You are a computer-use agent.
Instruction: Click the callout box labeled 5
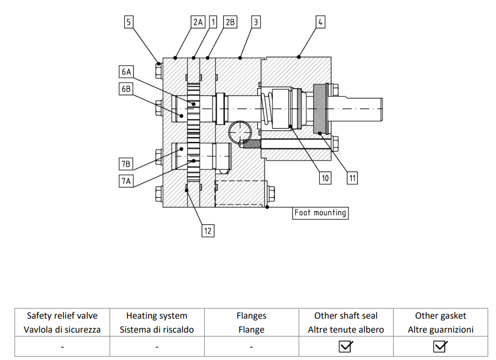point(129,22)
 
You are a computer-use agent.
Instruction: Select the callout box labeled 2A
point(198,22)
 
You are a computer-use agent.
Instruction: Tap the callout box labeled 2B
point(230,22)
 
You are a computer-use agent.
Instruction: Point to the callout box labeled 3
point(256,22)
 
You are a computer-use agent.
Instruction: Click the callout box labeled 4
point(320,22)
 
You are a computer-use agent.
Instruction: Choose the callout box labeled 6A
point(126,72)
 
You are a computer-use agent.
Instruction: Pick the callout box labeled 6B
point(126,88)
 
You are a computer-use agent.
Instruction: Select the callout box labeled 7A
point(126,181)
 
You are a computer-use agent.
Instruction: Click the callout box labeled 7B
point(126,164)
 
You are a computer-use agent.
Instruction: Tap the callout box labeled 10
point(325,178)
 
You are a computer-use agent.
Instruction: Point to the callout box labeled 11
point(352,178)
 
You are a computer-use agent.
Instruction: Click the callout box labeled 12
point(208,231)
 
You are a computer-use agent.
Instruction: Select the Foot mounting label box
point(320,212)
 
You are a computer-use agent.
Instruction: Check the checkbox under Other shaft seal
point(346,347)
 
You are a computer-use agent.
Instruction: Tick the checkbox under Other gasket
point(440,347)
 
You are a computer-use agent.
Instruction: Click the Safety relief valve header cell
point(62,323)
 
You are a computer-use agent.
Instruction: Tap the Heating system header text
point(157,316)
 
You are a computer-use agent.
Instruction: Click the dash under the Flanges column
point(251,347)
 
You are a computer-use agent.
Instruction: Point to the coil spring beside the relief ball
point(251,144)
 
